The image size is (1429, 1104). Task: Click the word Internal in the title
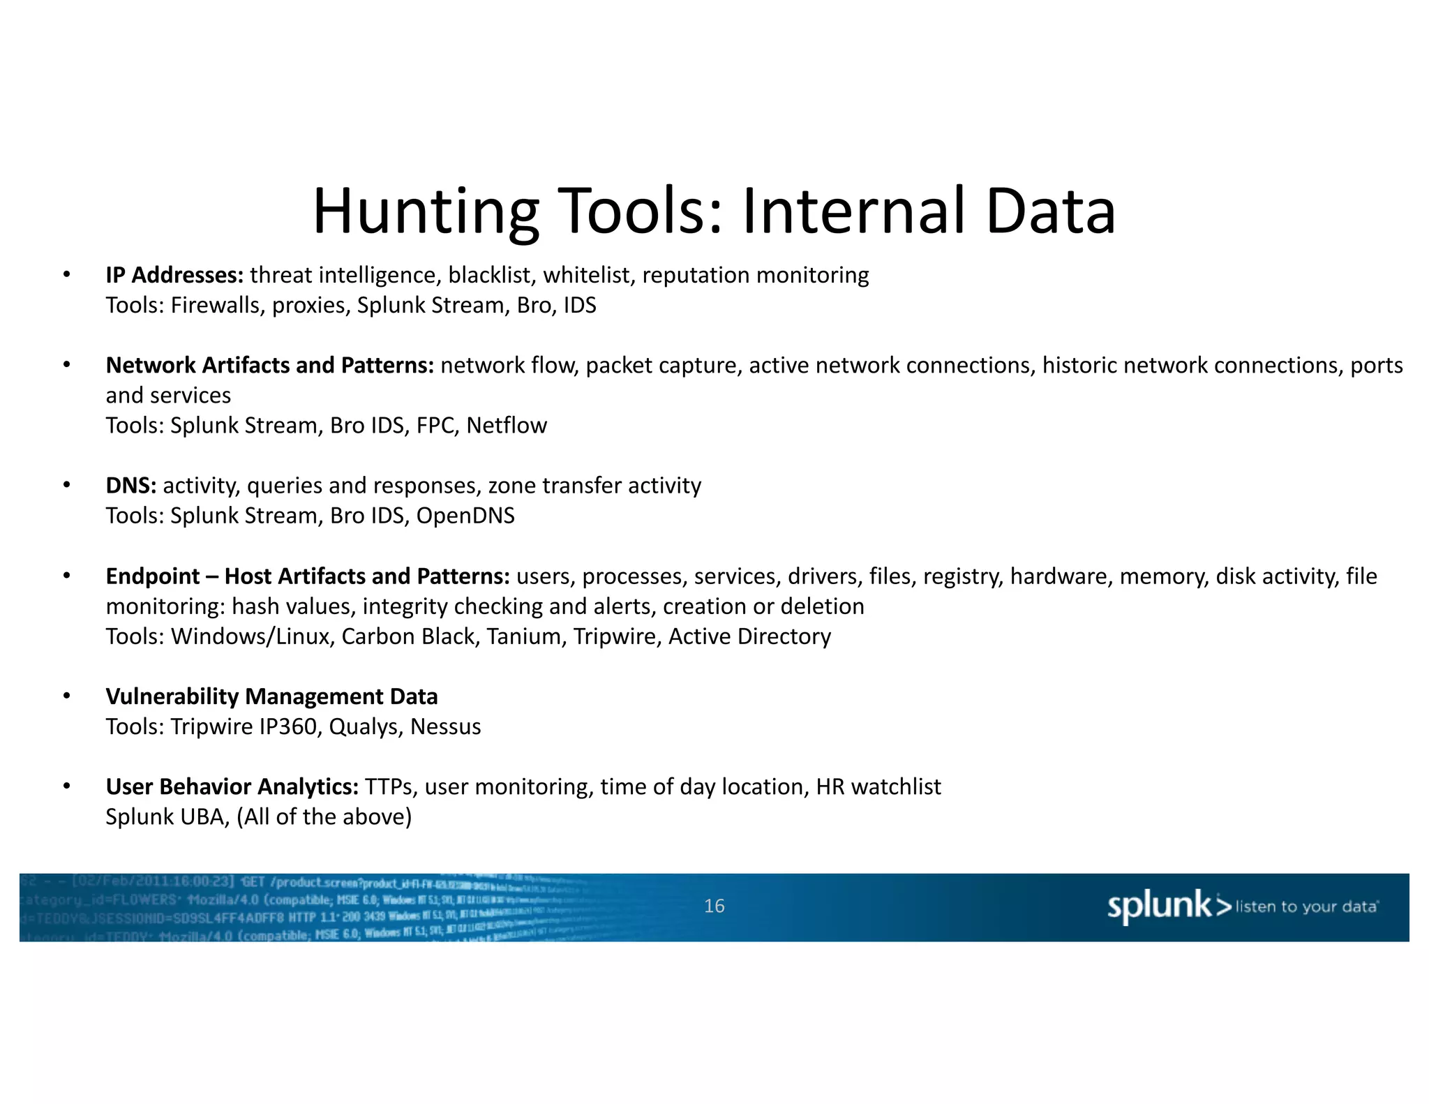854,211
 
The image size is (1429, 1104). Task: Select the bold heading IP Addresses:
174,275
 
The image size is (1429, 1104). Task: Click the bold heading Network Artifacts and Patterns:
270,365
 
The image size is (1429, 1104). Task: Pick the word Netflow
507,425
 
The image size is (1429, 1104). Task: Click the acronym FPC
435,425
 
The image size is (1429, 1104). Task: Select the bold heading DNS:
131,485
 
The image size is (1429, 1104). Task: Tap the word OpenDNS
465,515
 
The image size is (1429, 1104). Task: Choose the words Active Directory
749,636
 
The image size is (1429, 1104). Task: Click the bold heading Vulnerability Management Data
271,696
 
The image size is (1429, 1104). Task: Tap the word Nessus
445,726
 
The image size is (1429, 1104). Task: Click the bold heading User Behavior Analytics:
232,786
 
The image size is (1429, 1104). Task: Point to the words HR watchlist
878,786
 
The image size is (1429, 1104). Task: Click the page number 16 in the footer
714,906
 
